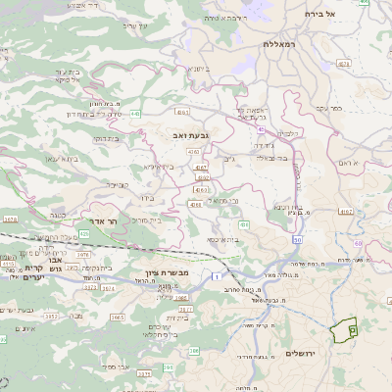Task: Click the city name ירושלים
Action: pyautogui.click(x=303, y=353)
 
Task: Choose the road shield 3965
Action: pyautogui.click(x=117, y=318)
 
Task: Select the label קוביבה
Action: pyautogui.click(x=116, y=183)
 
